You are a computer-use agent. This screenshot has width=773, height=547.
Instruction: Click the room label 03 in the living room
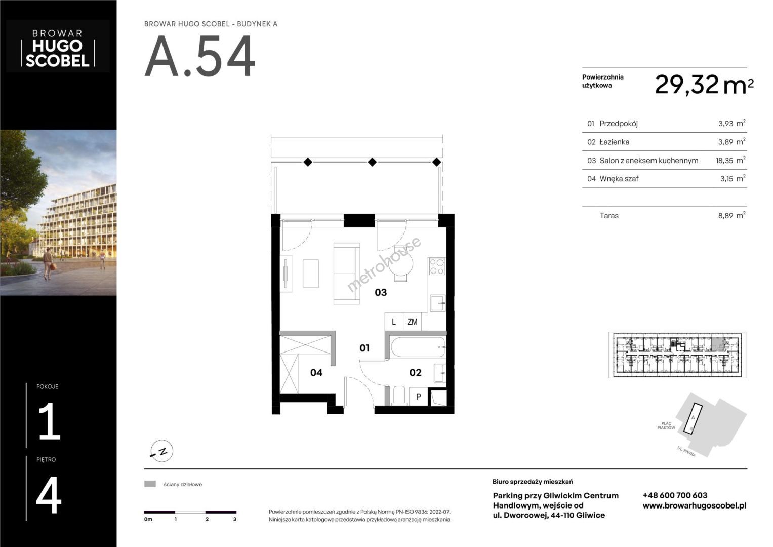(x=381, y=293)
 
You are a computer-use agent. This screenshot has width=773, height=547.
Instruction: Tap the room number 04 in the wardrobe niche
(x=316, y=373)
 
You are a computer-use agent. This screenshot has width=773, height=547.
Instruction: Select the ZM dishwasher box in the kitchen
(x=412, y=322)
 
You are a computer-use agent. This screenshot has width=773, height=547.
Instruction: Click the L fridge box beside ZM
(x=394, y=322)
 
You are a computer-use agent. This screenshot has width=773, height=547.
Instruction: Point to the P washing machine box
(x=419, y=397)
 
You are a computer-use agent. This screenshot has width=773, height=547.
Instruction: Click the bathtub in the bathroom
(x=418, y=347)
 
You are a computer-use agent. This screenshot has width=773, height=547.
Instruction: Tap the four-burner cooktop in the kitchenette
(x=437, y=266)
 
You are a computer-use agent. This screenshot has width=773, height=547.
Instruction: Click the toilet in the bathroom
(x=399, y=396)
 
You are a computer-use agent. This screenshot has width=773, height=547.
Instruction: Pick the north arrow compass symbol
(x=162, y=451)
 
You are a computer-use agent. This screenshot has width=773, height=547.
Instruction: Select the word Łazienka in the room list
(x=614, y=142)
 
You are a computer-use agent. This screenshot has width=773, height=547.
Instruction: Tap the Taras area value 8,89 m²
(x=731, y=215)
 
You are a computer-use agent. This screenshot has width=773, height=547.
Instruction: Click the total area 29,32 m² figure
(x=704, y=85)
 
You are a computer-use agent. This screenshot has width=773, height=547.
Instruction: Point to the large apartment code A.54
(x=200, y=57)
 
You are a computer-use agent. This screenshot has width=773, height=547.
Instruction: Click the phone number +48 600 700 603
(x=675, y=495)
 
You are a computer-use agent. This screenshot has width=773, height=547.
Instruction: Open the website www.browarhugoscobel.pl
(x=695, y=506)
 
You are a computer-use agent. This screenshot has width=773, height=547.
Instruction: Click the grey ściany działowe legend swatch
(x=150, y=484)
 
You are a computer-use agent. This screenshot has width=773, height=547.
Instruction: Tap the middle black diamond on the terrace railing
(x=372, y=162)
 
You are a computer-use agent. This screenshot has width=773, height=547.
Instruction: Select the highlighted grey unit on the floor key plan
(x=718, y=344)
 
